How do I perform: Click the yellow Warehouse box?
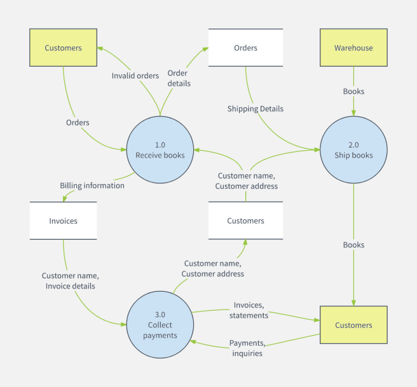pyautogui.click(x=353, y=48)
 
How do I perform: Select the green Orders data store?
pyautogui.click(x=245, y=48)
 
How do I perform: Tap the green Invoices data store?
pyautogui.click(x=63, y=221)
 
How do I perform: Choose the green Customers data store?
pyautogui.click(x=245, y=221)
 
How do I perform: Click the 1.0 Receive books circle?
pyautogui.click(x=160, y=150)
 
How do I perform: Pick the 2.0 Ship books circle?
pyautogui.click(x=353, y=150)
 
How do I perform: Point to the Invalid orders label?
pyautogui.click(x=135, y=76)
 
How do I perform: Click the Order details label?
pyautogui.click(x=179, y=78)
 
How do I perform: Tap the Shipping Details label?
pyautogui.click(x=256, y=109)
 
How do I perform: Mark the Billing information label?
pyautogui.click(x=92, y=186)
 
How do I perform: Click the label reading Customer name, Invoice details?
pyautogui.click(x=71, y=281)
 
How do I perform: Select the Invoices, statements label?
pyautogui.click(x=249, y=310)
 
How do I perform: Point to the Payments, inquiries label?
pyautogui.click(x=247, y=348)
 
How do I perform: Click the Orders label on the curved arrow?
pyautogui.click(x=78, y=122)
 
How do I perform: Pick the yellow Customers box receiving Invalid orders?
pyautogui.click(x=63, y=48)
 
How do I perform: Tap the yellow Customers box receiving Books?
pyautogui.click(x=353, y=325)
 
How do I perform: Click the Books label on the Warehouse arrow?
pyautogui.click(x=353, y=92)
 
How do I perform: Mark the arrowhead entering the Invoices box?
pyautogui.click(x=64, y=199)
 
